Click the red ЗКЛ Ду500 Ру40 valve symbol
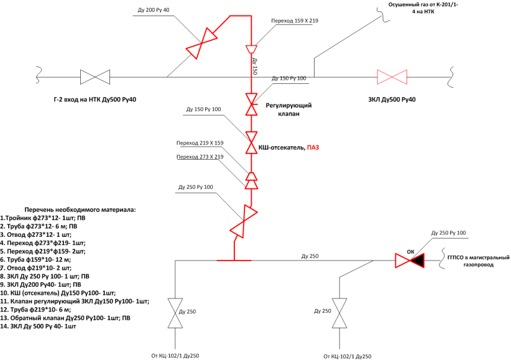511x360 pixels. tap(393, 77)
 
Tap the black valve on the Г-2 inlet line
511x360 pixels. tap(95, 77)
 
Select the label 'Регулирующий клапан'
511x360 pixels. tap(288, 110)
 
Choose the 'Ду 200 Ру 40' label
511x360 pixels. tap(152, 11)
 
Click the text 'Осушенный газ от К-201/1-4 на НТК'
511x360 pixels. tap(413, 8)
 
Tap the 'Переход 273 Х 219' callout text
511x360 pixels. tap(200, 157)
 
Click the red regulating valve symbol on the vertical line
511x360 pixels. tap(252, 103)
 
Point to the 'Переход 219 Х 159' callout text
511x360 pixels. tap(200, 143)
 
